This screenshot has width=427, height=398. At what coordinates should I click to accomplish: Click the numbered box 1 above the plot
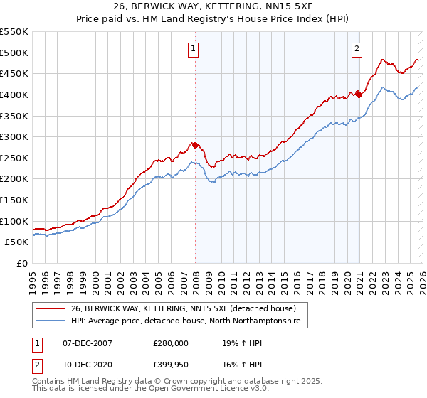pos(194,49)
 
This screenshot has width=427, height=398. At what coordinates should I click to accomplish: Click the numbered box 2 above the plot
pos(356,49)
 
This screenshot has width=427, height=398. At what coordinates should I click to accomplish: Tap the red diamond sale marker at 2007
pos(195,145)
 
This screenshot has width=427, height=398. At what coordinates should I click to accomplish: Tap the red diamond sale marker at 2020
pos(359,95)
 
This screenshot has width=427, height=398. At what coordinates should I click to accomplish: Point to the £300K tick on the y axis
pos(14,136)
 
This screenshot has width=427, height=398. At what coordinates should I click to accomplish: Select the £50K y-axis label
pos(17,242)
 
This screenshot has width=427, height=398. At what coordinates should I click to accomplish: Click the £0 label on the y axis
pos(23,263)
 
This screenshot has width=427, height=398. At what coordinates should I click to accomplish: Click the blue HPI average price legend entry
pos(185,321)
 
